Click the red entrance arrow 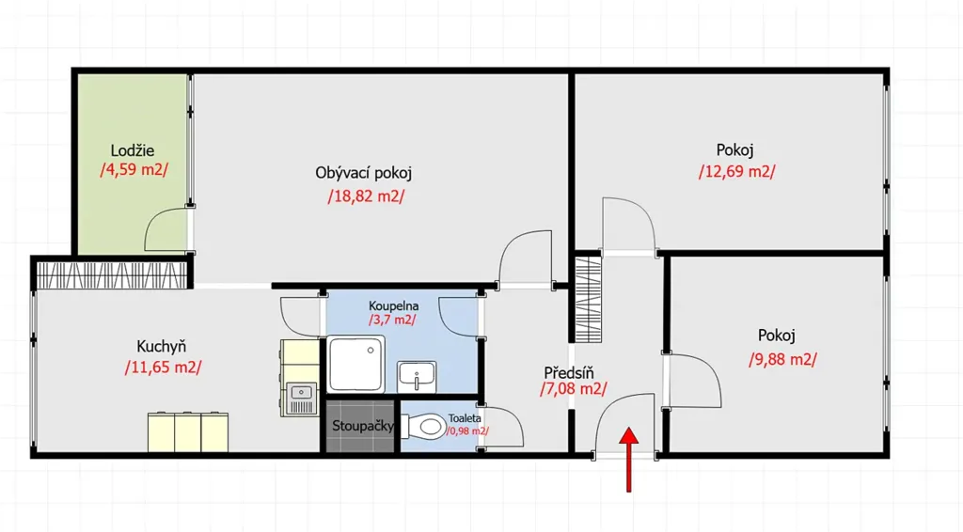point(628,460)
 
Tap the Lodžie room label point(132,150)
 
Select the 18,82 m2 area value point(366,196)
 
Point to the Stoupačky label point(362,425)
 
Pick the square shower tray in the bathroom point(356,364)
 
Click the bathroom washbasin point(417,377)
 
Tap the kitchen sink point(301,399)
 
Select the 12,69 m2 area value point(736,172)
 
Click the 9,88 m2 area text point(782,359)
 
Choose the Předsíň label point(569,372)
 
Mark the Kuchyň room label point(161,346)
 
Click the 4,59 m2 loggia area point(134,169)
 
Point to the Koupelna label point(394,305)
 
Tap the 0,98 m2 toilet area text point(467,430)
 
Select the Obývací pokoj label point(364,173)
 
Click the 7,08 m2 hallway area point(573,388)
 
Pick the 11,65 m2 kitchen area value point(163,368)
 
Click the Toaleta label point(465,418)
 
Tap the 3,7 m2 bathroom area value point(392,320)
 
